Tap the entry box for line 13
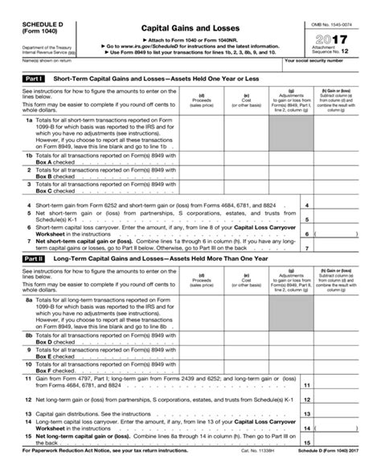point(344,415)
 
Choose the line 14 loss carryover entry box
point(344,428)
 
